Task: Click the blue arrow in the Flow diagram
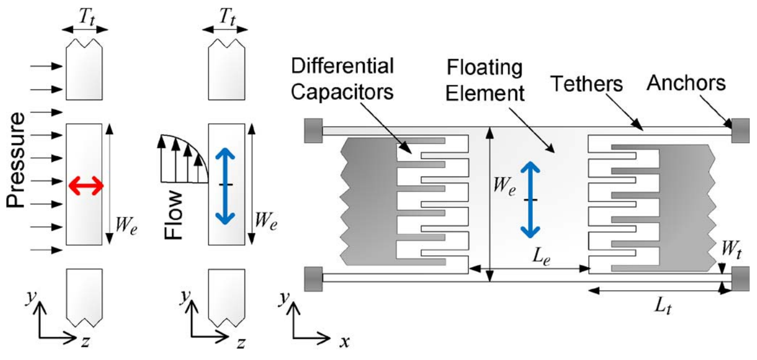click(x=226, y=185)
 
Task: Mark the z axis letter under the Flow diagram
click(x=241, y=341)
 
